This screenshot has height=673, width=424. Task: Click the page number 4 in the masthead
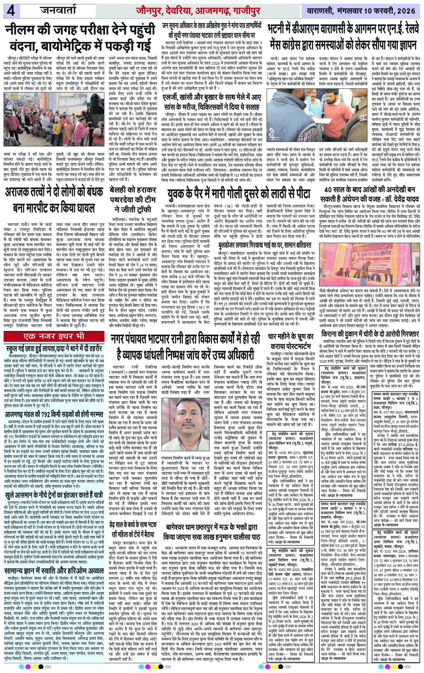(x=12, y=11)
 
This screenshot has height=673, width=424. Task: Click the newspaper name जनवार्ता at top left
(x=58, y=11)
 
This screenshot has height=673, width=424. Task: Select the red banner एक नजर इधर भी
(x=54, y=336)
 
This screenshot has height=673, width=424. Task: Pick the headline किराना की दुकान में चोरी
(x=370, y=334)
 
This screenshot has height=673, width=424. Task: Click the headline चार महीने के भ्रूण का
(x=291, y=336)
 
